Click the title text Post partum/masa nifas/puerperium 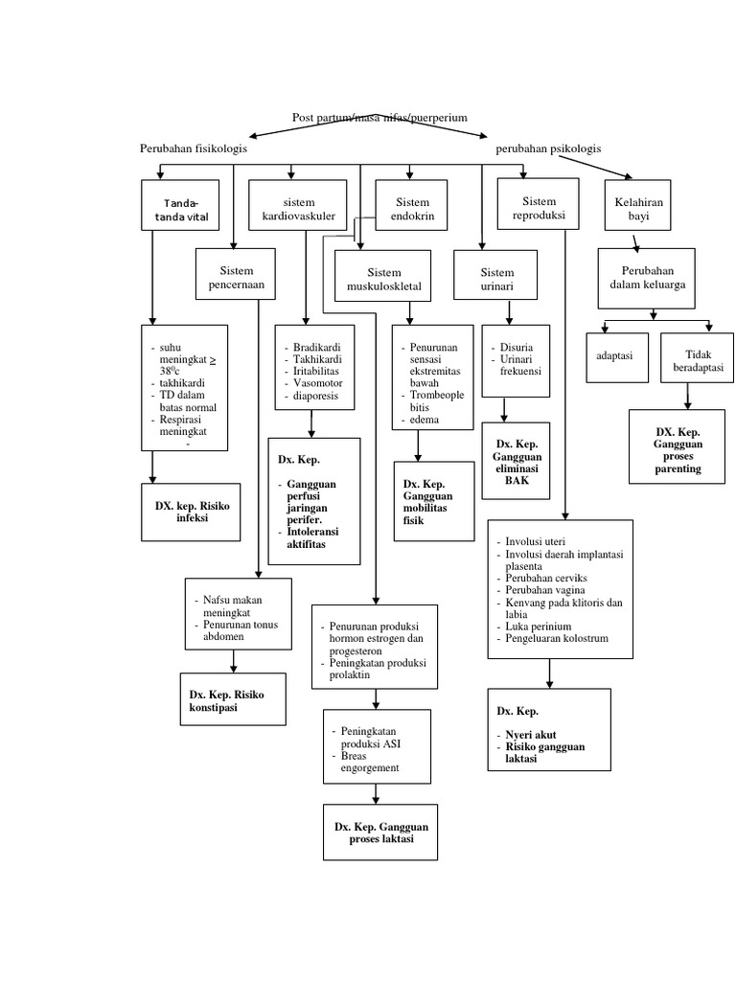[379, 117]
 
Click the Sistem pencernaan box [236, 277]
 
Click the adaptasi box [621, 355]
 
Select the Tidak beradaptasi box [697, 359]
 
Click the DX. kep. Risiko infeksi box [193, 510]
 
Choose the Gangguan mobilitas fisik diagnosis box [433, 500]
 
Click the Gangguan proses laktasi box [381, 832]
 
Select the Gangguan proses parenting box [678, 446]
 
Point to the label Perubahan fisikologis [193, 149]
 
